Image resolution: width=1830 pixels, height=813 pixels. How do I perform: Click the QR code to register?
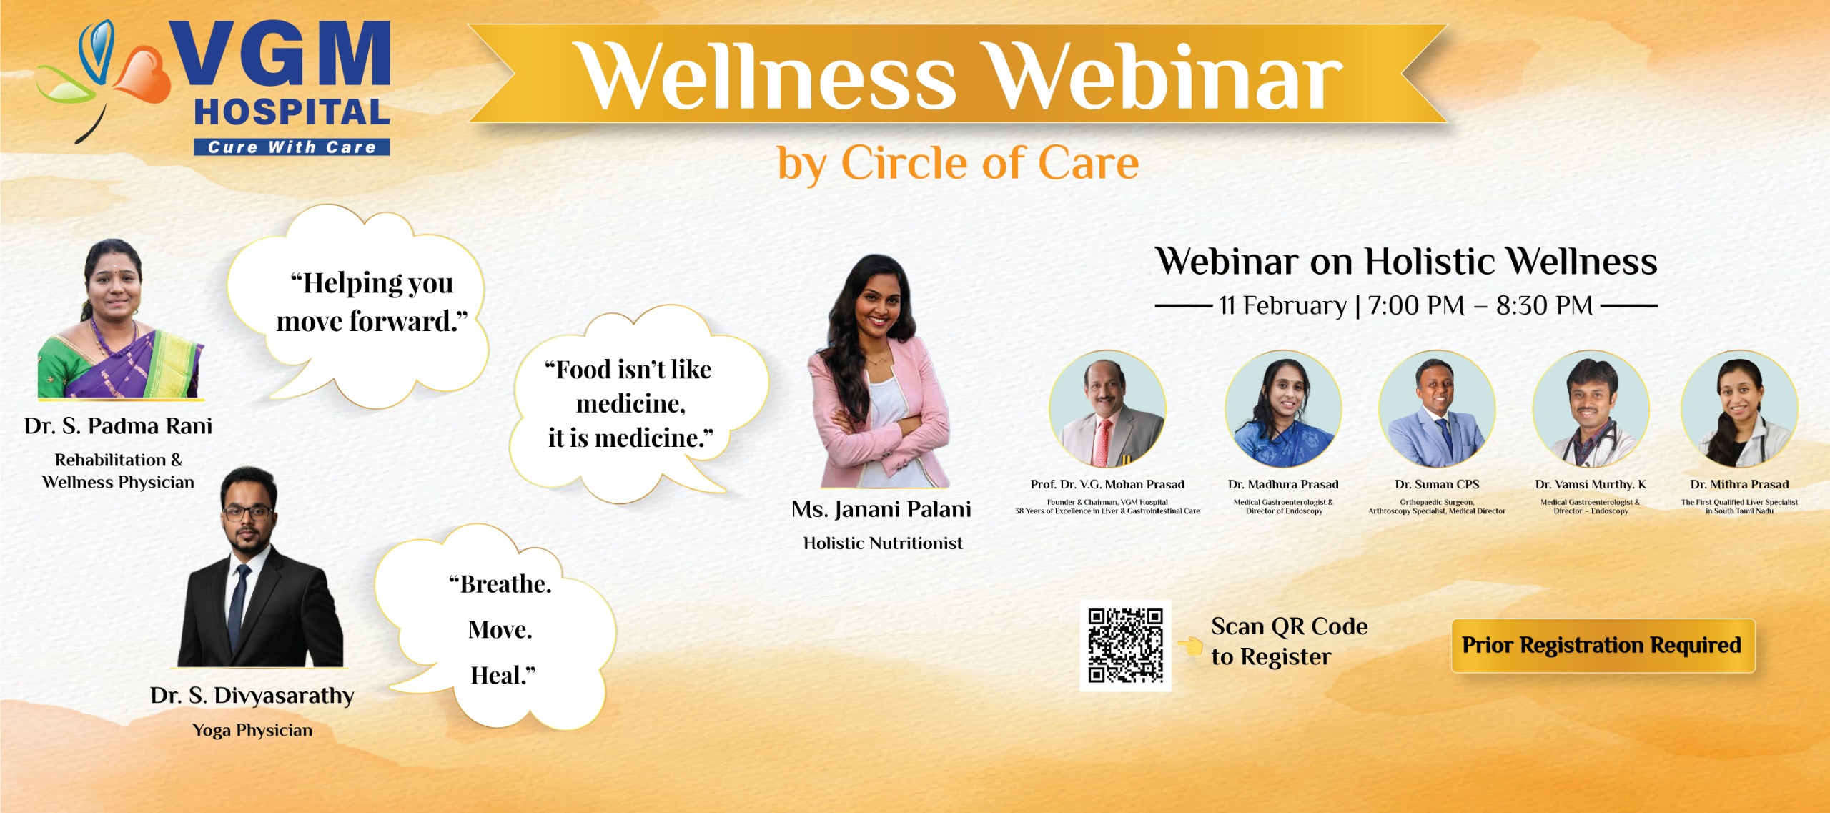click(x=1125, y=646)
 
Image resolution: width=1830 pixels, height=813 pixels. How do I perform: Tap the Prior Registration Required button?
click(x=1603, y=646)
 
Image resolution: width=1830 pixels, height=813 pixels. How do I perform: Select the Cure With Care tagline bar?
click(x=292, y=147)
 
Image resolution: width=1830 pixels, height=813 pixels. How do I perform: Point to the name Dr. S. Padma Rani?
click(x=119, y=426)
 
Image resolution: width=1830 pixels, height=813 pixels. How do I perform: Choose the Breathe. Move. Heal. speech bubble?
click(x=500, y=629)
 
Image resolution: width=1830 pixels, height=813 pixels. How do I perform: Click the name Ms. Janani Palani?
click(x=881, y=510)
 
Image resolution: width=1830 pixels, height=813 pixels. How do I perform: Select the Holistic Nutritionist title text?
click(x=883, y=543)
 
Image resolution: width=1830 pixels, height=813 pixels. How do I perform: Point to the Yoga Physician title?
click(x=252, y=731)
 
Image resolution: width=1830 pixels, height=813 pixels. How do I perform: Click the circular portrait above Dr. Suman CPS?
click(x=1437, y=409)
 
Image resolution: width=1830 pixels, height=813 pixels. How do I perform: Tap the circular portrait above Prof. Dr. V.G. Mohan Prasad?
click(x=1107, y=409)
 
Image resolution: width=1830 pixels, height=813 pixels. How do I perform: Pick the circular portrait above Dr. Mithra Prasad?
click(x=1739, y=409)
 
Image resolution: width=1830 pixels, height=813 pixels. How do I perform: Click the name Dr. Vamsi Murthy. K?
click(x=1591, y=485)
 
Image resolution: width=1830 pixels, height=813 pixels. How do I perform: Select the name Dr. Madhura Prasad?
click(x=1283, y=485)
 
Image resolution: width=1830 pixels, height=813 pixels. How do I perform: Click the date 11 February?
click(x=1282, y=306)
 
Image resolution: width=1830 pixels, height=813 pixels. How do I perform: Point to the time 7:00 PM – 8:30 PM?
click(x=1480, y=306)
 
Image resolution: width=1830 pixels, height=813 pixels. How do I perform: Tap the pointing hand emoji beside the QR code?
click(x=1191, y=646)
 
